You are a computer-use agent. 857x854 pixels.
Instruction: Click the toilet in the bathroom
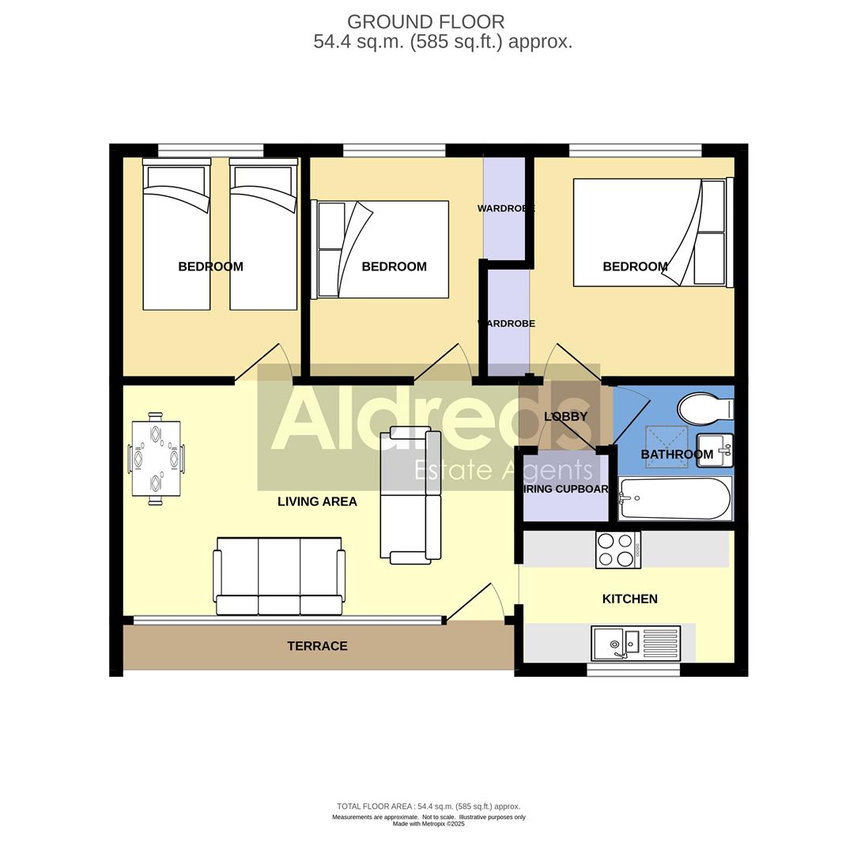coord(704,410)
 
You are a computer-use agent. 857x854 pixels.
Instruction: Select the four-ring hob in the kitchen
coord(617,549)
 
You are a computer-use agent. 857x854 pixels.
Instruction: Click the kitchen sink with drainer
coord(636,643)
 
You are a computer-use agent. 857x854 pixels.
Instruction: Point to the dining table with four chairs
coord(156,459)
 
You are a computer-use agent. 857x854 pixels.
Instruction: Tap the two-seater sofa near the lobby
coord(410,495)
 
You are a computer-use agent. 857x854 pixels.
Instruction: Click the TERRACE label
coord(317,646)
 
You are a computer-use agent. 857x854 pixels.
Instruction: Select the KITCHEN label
coord(629,599)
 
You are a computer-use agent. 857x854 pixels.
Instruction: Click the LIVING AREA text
coord(317,501)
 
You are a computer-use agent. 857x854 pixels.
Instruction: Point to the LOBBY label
coord(565,416)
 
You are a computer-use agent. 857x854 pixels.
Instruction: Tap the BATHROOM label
coord(677,454)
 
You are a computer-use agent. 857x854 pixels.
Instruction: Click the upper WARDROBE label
coord(505,209)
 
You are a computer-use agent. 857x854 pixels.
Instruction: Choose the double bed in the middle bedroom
coord(383,249)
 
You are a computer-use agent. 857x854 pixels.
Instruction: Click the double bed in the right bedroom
coord(649,232)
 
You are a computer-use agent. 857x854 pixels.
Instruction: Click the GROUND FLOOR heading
coord(425,22)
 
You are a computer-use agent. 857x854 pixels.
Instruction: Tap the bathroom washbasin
coord(714,451)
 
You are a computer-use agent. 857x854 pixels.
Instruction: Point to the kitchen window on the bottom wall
coord(632,670)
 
